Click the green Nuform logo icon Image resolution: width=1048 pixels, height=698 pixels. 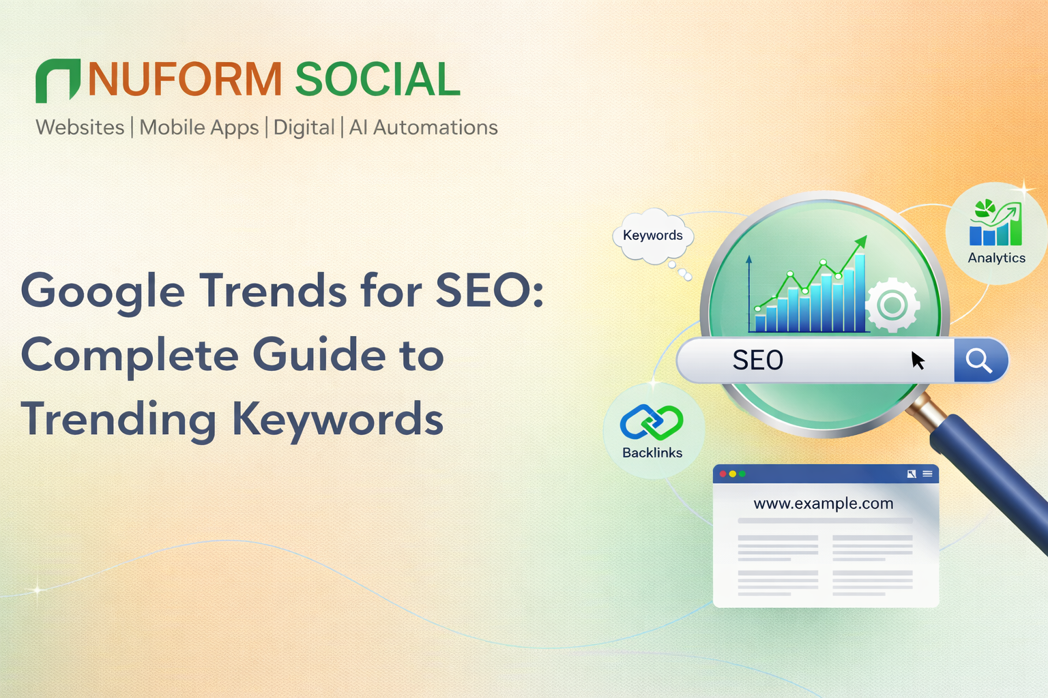pos(57,80)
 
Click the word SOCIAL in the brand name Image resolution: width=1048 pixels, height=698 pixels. pos(377,80)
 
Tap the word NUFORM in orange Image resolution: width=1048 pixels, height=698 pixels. pos(185,80)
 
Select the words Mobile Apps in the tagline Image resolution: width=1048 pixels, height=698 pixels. pos(199,127)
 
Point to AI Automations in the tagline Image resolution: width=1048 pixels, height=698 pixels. pos(424,127)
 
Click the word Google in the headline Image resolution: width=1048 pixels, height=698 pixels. pos(103,292)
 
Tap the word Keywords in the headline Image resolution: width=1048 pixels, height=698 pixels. pos(338,419)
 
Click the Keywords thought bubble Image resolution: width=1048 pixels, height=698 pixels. pos(653,236)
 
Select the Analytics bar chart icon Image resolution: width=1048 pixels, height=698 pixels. pos(995,223)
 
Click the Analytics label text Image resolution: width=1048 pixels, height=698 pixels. pos(996,258)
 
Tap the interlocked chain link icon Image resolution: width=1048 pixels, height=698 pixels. pos(652,423)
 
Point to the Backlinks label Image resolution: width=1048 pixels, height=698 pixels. pos(652,453)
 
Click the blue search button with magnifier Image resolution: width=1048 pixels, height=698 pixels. pos(980,361)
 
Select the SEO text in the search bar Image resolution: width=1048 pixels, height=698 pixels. pos(757,361)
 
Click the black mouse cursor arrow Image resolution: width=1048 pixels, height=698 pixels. pos(918,361)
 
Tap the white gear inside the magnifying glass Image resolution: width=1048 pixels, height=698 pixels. pos(892,305)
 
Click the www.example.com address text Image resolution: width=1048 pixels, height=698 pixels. pos(824,504)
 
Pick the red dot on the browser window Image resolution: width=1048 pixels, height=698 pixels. pos(723,474)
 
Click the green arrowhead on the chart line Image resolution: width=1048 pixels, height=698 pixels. pos(861,241)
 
